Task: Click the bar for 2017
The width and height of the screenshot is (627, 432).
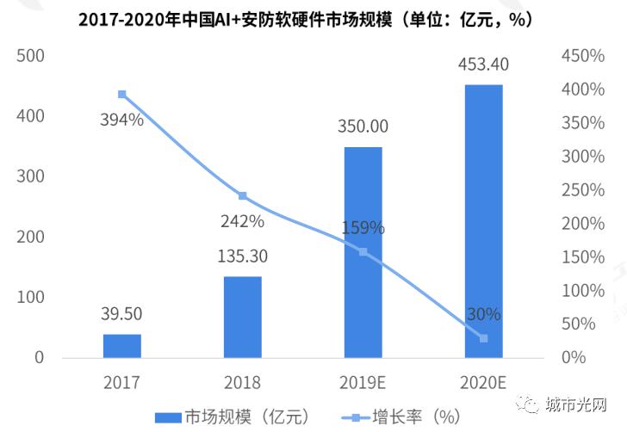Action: click(121, 346)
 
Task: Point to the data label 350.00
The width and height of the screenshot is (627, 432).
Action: click(363, 126)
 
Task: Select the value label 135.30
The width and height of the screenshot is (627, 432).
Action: click(242, 255)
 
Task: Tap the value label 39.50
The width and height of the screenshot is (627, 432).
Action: click(121, 313)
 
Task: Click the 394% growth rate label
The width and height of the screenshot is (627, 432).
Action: click(121, 120)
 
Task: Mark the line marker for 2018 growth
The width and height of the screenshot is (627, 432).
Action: click(242, 196)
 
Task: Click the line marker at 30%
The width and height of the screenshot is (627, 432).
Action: click(483, 338)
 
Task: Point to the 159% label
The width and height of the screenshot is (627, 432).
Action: click(363, 230)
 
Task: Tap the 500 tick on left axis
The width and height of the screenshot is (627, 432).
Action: click(30, 56)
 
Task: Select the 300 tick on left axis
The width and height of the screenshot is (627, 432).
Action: click(30, 176)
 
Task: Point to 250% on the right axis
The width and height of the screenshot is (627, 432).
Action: click(582, 190)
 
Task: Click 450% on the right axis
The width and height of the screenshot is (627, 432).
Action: click(582, 56)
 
